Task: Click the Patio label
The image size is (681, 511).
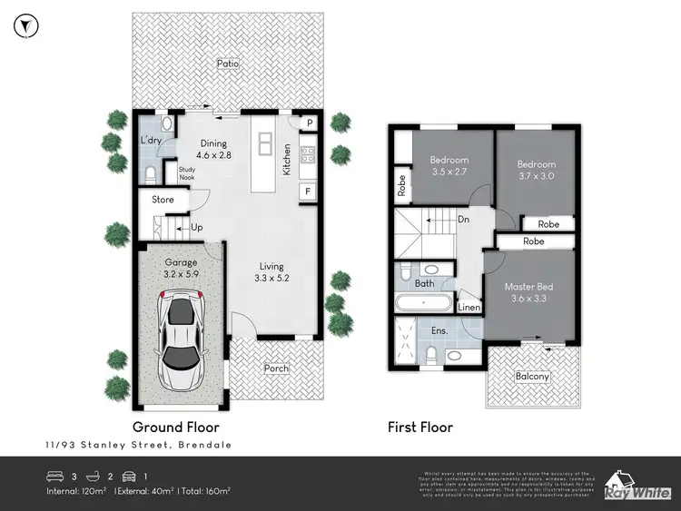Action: pyautogui.click(x=227, y=64)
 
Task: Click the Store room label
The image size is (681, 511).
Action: pyautogui.click(x=163, y=200)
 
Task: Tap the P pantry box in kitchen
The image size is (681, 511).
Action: pyautogui.click(x=309, y=123)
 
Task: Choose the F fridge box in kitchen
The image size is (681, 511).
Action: pyautogui.click(x=309, y=192)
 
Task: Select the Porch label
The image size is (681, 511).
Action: pyautogui.click(x=276, y=368)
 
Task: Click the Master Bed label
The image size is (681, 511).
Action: pyautogui.click(x=528, y=292)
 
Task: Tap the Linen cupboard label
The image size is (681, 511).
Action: pyautogui.click(x=469, y=309)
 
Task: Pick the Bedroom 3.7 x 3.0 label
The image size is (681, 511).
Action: pyautogui.click(x=536, y=170)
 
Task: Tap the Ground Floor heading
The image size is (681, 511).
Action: pyautogui.click(x=175, y=427)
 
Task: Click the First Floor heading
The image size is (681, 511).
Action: pyautogui.click(x=419, y=427)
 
